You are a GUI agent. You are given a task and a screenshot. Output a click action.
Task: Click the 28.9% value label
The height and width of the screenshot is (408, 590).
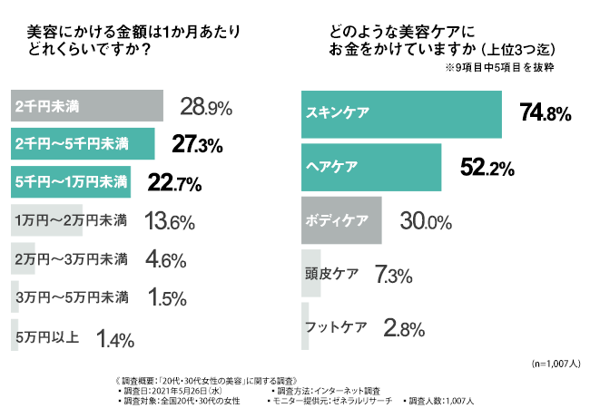click(x=207, y=107)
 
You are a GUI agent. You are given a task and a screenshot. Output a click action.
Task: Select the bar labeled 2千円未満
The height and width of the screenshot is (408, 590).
click(x=86, y=107)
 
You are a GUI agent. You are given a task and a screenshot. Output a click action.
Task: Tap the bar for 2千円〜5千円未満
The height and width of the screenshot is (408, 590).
click(x=82, y=144)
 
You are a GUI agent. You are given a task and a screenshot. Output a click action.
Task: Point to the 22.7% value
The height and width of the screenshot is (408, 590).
click(x=174, y=182)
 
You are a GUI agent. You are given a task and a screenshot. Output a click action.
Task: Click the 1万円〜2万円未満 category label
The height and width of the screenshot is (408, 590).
click(x=72, y=220)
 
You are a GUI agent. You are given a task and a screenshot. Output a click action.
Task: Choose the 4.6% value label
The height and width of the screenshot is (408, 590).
click(x=166, y=259)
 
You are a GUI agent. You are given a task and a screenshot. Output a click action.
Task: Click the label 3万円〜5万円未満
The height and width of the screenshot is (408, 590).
click(x=72, y=297)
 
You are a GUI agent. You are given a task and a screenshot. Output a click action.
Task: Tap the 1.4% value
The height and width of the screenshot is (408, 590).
click(x=115, y=340)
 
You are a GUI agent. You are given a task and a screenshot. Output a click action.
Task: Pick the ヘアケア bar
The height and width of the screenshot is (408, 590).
click(x=370, y=167)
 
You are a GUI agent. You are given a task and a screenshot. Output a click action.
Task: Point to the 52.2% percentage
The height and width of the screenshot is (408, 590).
click(x=488, y=168)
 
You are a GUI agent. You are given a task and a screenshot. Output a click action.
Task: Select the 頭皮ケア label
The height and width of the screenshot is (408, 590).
click(x=333, y=273)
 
